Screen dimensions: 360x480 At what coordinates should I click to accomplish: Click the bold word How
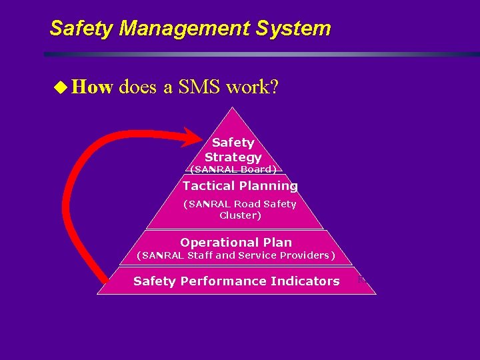click(92, 87)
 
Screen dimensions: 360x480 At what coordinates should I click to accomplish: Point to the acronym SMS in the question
click(199, 87)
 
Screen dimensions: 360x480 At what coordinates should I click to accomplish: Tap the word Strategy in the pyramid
click(233, 157)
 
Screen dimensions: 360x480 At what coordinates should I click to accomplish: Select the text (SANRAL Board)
click(233, 169)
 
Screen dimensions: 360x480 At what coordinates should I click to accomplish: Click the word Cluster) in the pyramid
click(240, 215)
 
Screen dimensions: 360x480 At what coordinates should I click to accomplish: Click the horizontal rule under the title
click(260, 54)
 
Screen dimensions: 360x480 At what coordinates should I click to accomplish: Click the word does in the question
click(139, 87)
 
